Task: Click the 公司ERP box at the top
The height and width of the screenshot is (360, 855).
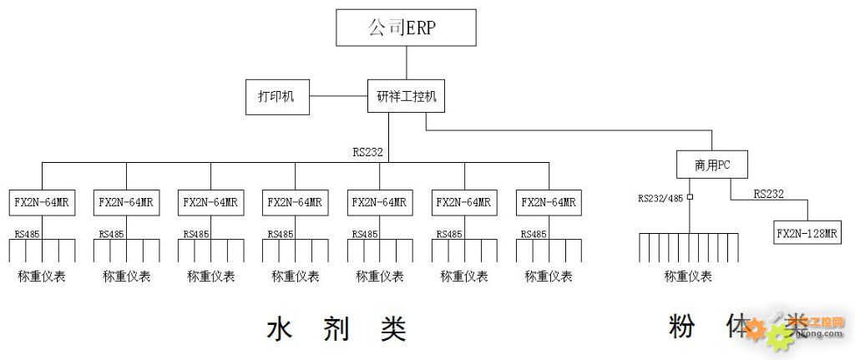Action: click(406, 28)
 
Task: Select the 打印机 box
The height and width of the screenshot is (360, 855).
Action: click(276, 97)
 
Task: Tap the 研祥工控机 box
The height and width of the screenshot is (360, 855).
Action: click(406, 97)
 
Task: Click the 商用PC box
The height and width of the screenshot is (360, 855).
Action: click(711, 165)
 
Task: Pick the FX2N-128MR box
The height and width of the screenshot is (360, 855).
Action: click(807, 233)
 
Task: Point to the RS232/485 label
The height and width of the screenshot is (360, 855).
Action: click(661, 199)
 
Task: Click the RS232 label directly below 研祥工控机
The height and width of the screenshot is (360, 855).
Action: click(368, 152)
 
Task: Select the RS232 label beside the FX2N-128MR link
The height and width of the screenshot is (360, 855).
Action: click(768, 194)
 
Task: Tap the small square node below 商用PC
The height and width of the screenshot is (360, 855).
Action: click(691, 198)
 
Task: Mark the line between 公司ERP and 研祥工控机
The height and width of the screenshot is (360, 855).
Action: click(406, 63)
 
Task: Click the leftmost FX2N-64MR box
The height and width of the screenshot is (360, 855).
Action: click(42, 203)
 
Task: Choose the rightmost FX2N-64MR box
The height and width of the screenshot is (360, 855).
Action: click(549, 203)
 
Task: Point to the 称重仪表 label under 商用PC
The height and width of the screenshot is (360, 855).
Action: click(688, 276)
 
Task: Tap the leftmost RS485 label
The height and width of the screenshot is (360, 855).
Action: click(27, 234)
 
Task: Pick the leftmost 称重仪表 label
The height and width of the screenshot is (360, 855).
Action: click(42, 276)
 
